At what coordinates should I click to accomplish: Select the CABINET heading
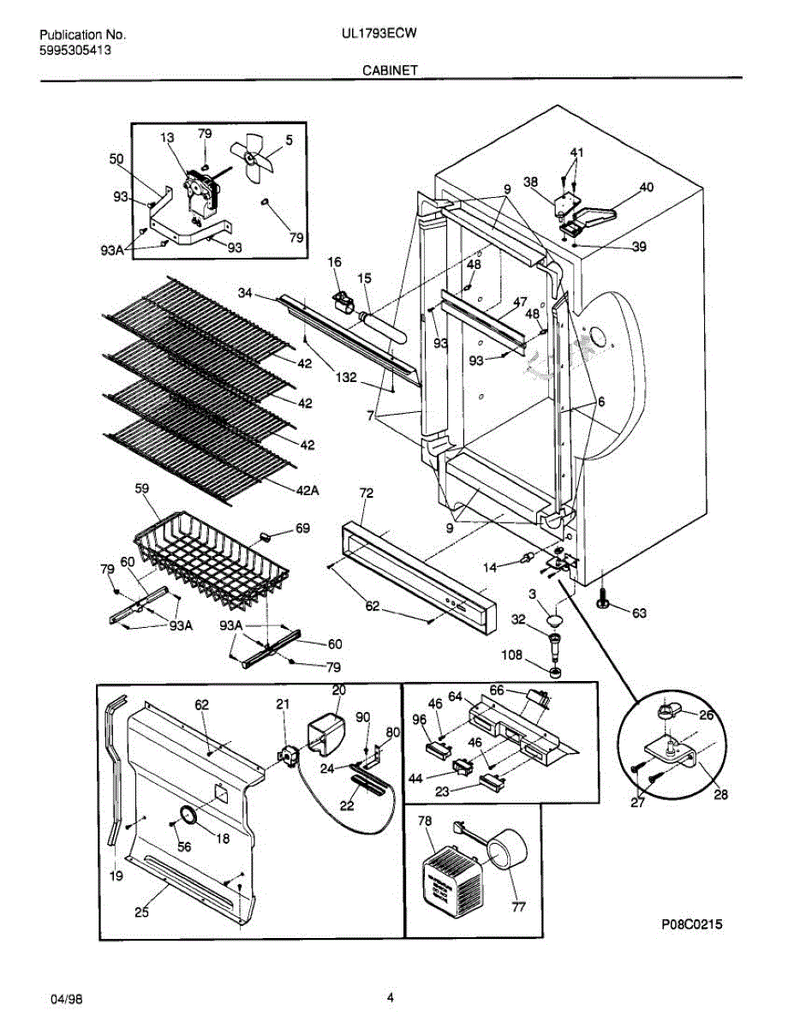point(390,70)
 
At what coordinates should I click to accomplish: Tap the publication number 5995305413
point(75,51)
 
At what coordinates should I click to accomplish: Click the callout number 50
point(116,159)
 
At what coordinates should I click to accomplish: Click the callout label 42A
point(307,491)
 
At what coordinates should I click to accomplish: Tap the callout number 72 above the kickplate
point(367,493)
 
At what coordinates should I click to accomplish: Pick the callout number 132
point(346,378)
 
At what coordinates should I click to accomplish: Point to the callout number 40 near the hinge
point(646,188)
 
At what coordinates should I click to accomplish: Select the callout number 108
point(512,654)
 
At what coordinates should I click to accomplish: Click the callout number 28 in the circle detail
point(720,794)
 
